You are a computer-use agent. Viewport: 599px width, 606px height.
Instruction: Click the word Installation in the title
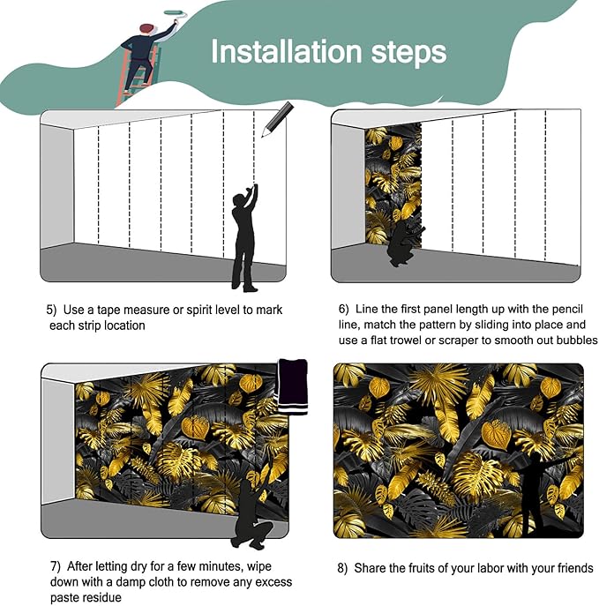click(x=288, y=51)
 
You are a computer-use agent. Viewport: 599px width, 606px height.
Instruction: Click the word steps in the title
click(x=408, y=54)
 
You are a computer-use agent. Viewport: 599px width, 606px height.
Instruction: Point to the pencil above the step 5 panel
click(x=278, y=119)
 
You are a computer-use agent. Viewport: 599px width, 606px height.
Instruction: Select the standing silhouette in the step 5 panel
click(x=244, y=237)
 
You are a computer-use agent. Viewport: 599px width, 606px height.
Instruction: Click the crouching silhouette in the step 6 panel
click(x=406, y=243)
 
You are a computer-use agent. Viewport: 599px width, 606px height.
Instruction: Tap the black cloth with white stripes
click(x=293, y=386)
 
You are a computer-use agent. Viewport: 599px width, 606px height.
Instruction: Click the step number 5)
click(x=51, y=310)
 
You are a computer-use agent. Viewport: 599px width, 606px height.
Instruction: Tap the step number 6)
click(x=344, y=310)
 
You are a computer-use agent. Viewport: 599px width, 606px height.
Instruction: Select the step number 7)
click(x=56, y=566)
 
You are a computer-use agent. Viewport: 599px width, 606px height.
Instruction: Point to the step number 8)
click(x=342, y=569)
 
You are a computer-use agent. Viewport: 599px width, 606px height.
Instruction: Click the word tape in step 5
click(x=109, y=310)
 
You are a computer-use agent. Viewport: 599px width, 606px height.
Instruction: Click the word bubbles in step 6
click(x=577, y=340)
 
